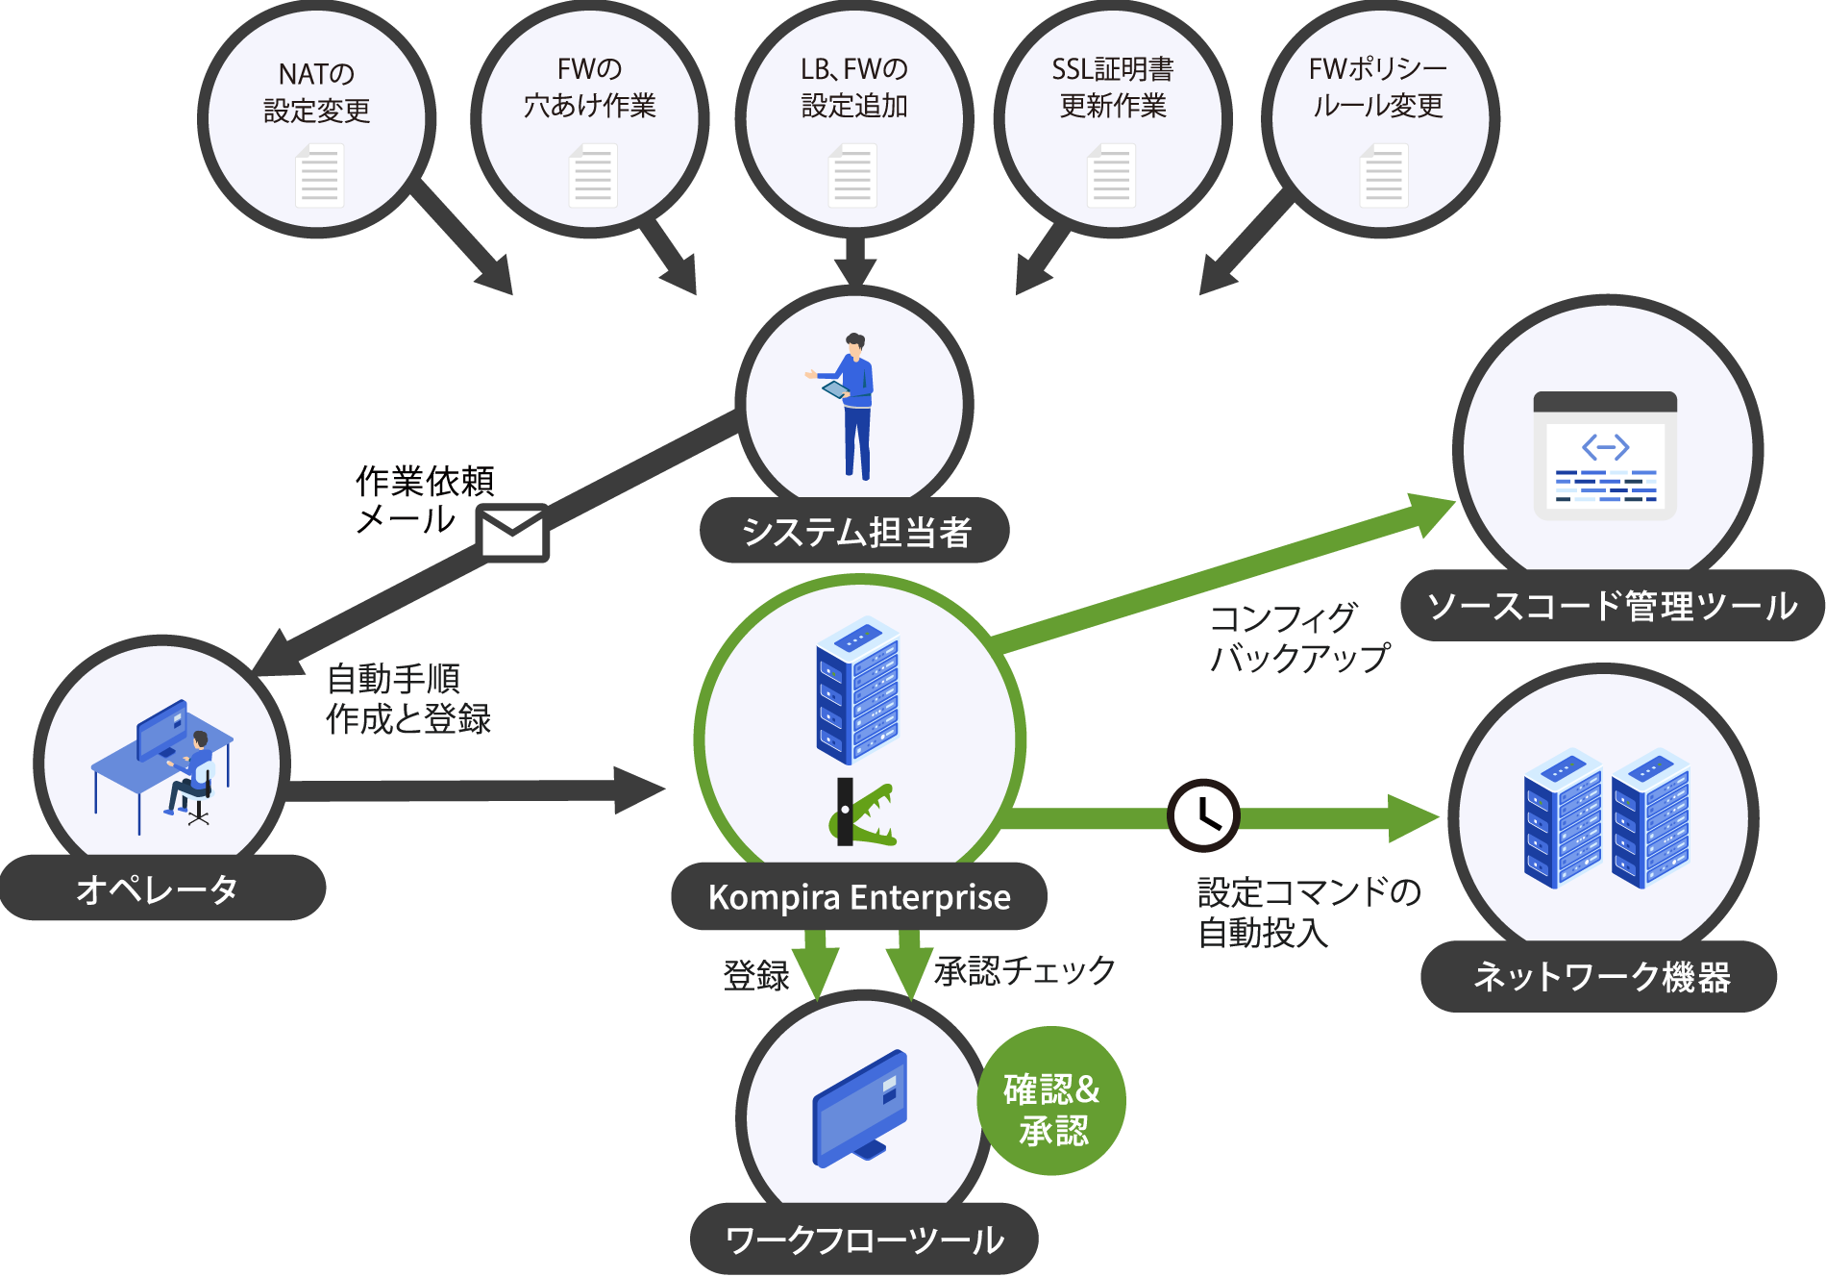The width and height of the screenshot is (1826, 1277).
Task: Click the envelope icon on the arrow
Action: tap(512, 533)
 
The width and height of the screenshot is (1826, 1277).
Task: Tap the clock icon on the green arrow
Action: tap(1202, 815)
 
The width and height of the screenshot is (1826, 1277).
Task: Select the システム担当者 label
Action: tap(854, 532)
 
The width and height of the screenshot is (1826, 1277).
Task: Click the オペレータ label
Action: tap(159, 889)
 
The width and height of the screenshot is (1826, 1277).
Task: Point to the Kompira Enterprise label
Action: tap(859, 897)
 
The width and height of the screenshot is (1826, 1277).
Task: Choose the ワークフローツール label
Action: tap(864, 1239)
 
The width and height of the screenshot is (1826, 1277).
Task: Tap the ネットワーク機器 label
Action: tap(1600, 977)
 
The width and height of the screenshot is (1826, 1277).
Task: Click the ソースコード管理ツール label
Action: tap(1612, 606)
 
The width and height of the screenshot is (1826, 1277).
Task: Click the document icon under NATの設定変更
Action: tap(319, 176)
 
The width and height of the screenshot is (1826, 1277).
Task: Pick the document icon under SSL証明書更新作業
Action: tap(1111, 176)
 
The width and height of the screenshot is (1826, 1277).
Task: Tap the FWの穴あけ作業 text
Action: tap(590, 88)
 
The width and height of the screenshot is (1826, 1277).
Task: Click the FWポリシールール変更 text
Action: tap(1378, 88)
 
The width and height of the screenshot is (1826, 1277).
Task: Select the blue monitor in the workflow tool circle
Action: tap(860, 1108)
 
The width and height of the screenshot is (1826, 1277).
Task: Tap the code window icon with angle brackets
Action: tap(1605, 456)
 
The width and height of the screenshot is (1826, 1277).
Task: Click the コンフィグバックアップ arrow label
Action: tap(1298, 638)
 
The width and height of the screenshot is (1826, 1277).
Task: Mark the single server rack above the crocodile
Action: tap(857, 689)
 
